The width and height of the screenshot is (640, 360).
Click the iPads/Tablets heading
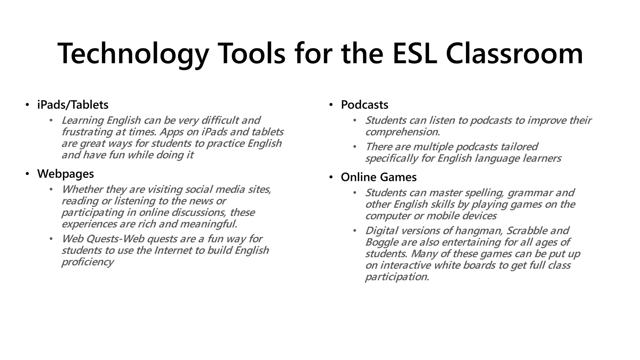coord(73,105)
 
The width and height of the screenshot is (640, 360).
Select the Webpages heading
coord(66,174)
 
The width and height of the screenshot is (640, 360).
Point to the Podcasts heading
coord(364,105)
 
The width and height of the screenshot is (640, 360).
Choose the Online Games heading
coord(379,177)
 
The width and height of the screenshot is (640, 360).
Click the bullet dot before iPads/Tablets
coord(27,105)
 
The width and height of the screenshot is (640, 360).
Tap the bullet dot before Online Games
coord(331,177)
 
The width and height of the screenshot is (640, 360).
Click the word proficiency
coord(87,262)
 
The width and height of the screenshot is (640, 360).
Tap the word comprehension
coord(402,132)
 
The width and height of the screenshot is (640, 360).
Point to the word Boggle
coord(381,242)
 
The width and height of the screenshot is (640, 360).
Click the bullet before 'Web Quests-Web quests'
coord(51,239)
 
